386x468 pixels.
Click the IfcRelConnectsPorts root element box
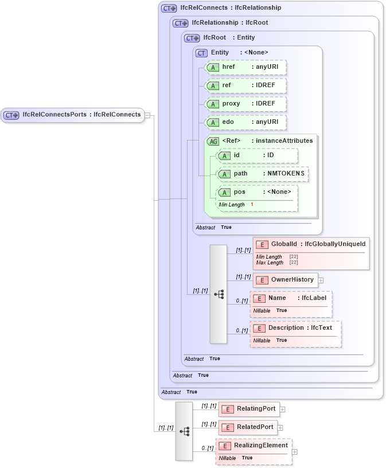[x=72, y=115]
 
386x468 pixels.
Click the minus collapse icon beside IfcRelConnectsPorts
[x=147, y=115]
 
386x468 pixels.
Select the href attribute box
[x=245, y=67]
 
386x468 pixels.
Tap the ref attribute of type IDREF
[x=245, y=85]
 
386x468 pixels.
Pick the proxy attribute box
[x=245, y=104]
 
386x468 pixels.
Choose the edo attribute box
[x=245, y=122]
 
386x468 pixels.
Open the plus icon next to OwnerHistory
[x=321, y=280]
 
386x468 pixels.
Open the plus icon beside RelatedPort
[x=280, y=428]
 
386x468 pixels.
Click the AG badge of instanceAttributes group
[x=213, y=141]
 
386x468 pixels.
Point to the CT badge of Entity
[x=201, y=53]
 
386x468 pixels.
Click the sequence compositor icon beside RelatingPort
[x=184, y=431]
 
